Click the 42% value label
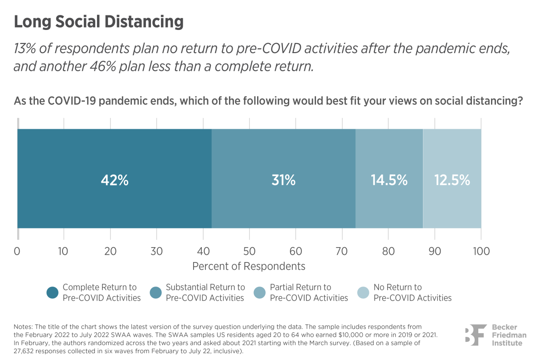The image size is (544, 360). click(x=115, y=180)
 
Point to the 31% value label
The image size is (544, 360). click(x=283, y=180)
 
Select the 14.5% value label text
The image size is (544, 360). click(x=389, y=180)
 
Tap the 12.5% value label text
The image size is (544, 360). click(x=452, y=180)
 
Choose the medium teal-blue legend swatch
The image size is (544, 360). click(x=150, y=293)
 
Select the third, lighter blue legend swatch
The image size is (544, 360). click(x=254, y=293)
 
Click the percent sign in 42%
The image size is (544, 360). click(x=123, y=180)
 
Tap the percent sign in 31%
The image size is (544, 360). click(x=290, y=180)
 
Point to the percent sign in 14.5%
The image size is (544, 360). click(x=402, y=180)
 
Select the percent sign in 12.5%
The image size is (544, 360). click(x=465, y=180)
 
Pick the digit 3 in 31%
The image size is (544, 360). click(x=275, y=180)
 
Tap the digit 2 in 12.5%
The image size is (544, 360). click(x=443, y=180)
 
